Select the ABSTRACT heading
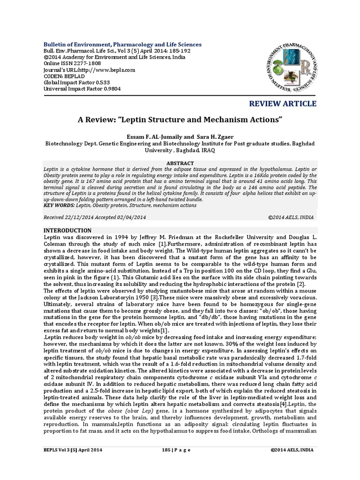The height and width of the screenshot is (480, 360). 180,162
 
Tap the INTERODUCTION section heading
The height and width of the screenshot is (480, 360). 67,231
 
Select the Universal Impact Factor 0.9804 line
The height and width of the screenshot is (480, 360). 82,89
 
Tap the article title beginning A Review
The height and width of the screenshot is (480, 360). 180,120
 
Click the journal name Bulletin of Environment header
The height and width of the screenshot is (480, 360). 122,45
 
